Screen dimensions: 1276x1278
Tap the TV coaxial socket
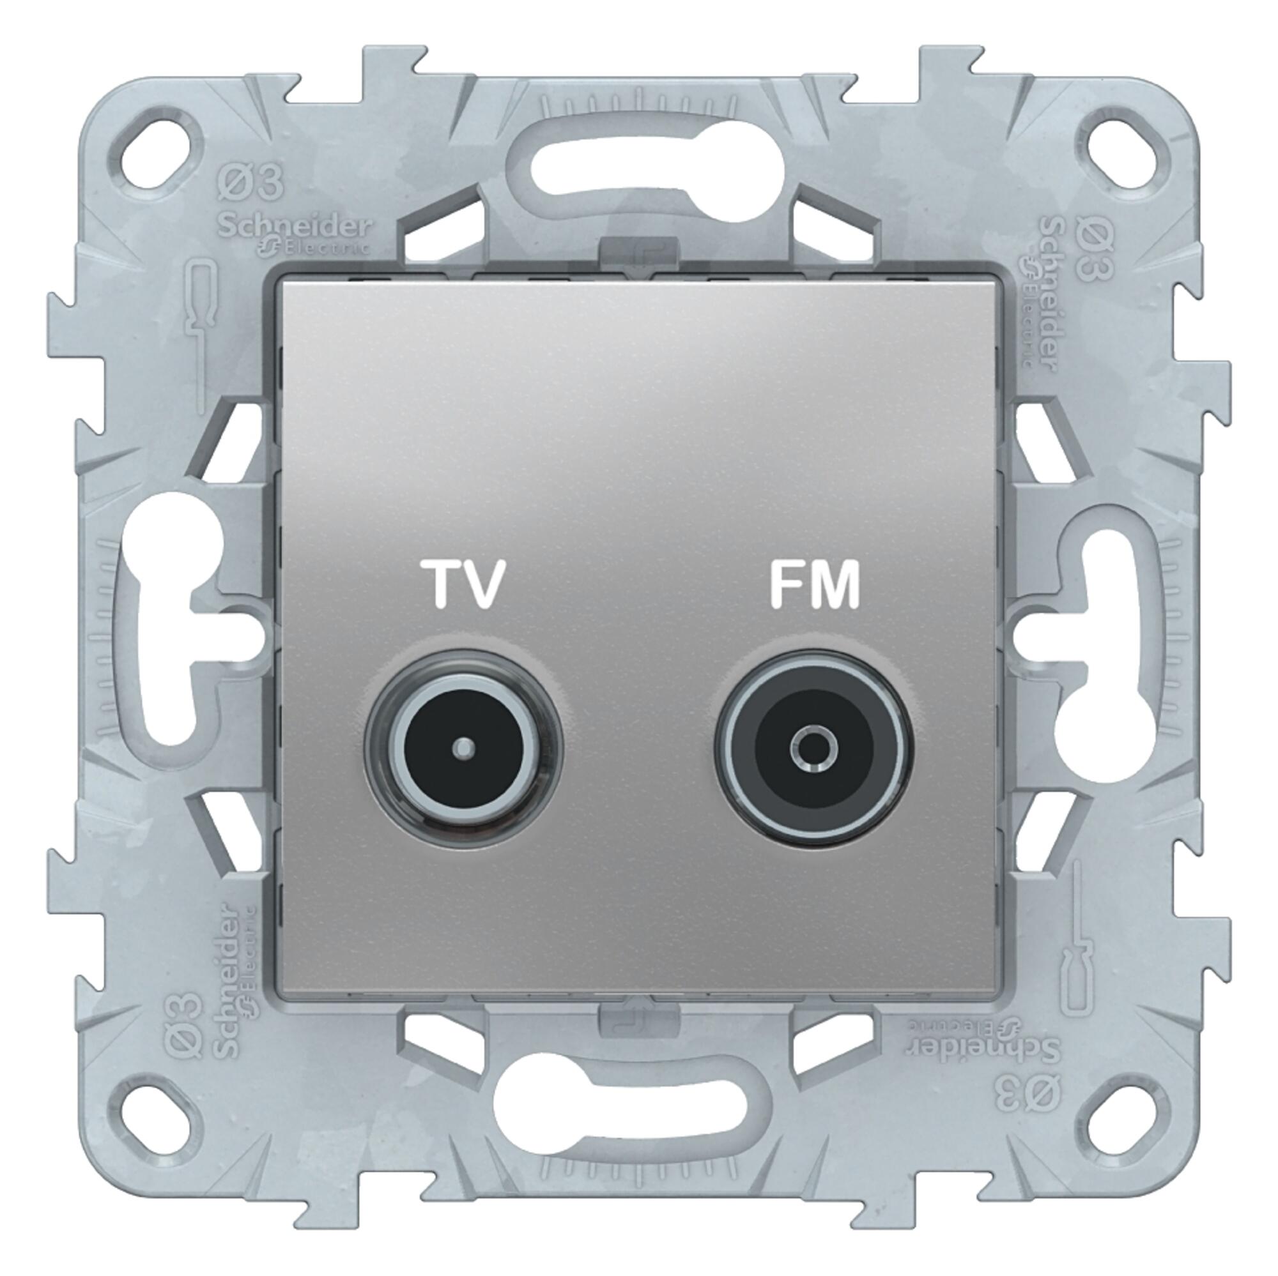coord(465,748)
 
